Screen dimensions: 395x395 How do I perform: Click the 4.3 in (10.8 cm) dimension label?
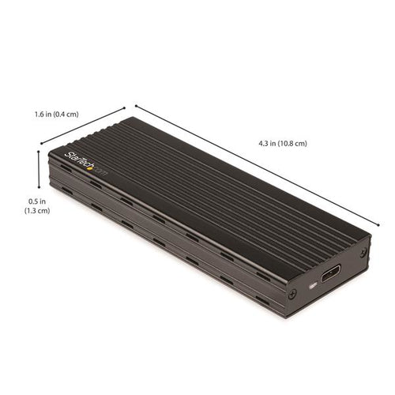(x=282, y=143)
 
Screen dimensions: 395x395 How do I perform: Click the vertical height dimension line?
(x=39, y=170)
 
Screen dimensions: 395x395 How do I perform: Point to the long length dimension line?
(x=253, y=168)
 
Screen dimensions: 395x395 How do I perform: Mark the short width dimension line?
(x=83, y=126)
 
